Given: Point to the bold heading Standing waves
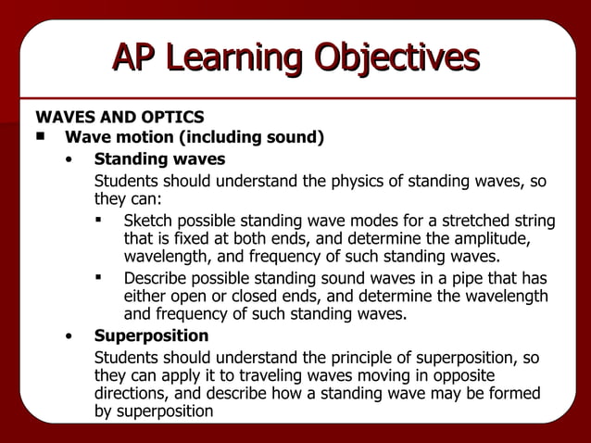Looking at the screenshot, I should [159, 158].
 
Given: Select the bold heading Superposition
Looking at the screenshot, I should [151, 335].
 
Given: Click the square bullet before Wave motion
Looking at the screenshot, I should [41, 137].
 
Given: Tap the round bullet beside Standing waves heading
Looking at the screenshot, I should [69, 159].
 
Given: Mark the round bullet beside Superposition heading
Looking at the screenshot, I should [69, 336].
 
